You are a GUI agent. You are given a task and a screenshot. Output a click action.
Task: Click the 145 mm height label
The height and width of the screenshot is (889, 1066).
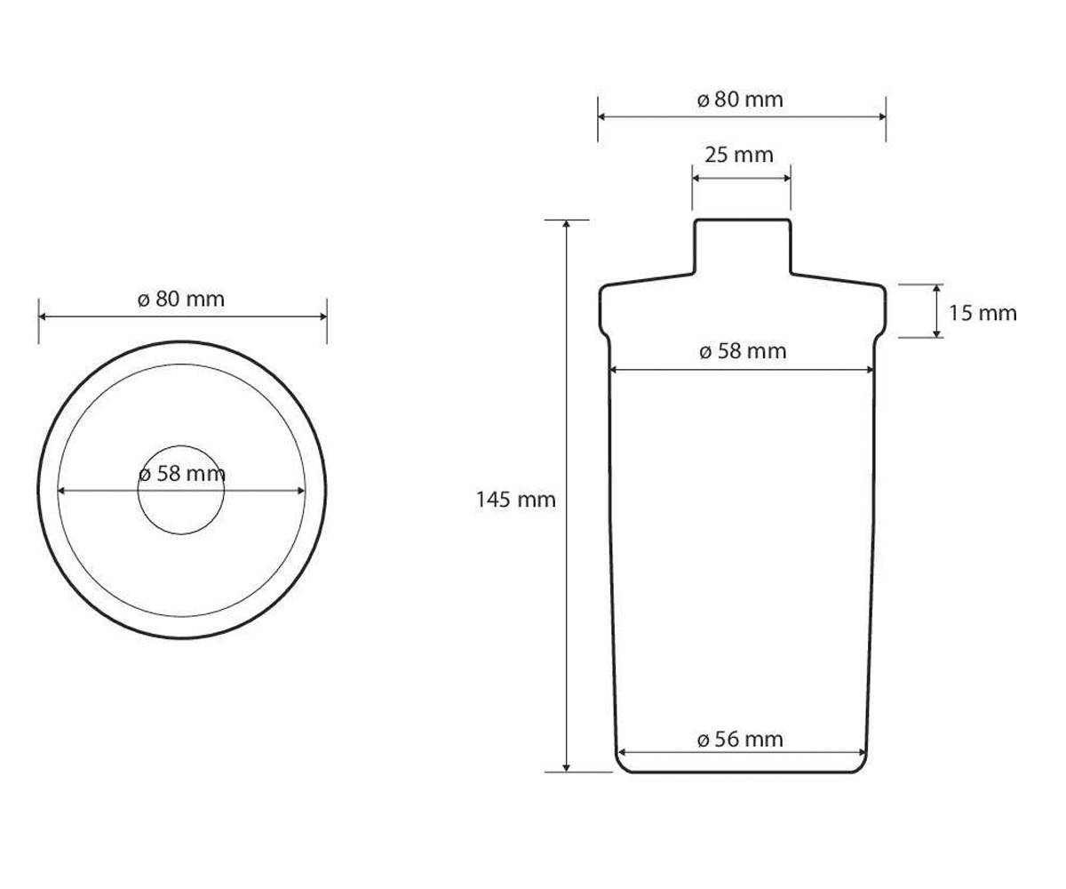coord(515,500)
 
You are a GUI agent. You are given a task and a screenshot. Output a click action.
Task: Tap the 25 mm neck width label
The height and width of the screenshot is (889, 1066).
coord(739,155)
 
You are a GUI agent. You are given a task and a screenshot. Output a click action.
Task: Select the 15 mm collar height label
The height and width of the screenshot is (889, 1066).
coord(982,313)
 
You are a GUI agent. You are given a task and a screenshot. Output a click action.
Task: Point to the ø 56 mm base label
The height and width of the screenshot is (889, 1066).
coord(740,740)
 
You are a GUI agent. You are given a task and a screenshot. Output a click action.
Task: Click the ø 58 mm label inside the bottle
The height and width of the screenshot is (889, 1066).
coord(743,351)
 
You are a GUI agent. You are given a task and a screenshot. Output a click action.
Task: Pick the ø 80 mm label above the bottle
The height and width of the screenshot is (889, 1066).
coord(740,99)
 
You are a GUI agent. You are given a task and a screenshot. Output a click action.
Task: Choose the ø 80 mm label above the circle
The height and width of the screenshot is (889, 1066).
coord(181,299)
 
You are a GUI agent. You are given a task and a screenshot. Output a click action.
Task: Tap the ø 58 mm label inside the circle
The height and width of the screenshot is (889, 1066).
coord(182,474)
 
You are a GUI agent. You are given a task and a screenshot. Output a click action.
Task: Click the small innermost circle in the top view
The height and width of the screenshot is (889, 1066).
coord(180,446)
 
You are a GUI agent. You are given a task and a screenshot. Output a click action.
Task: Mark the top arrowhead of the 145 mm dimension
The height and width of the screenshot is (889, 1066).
coord(566,223)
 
